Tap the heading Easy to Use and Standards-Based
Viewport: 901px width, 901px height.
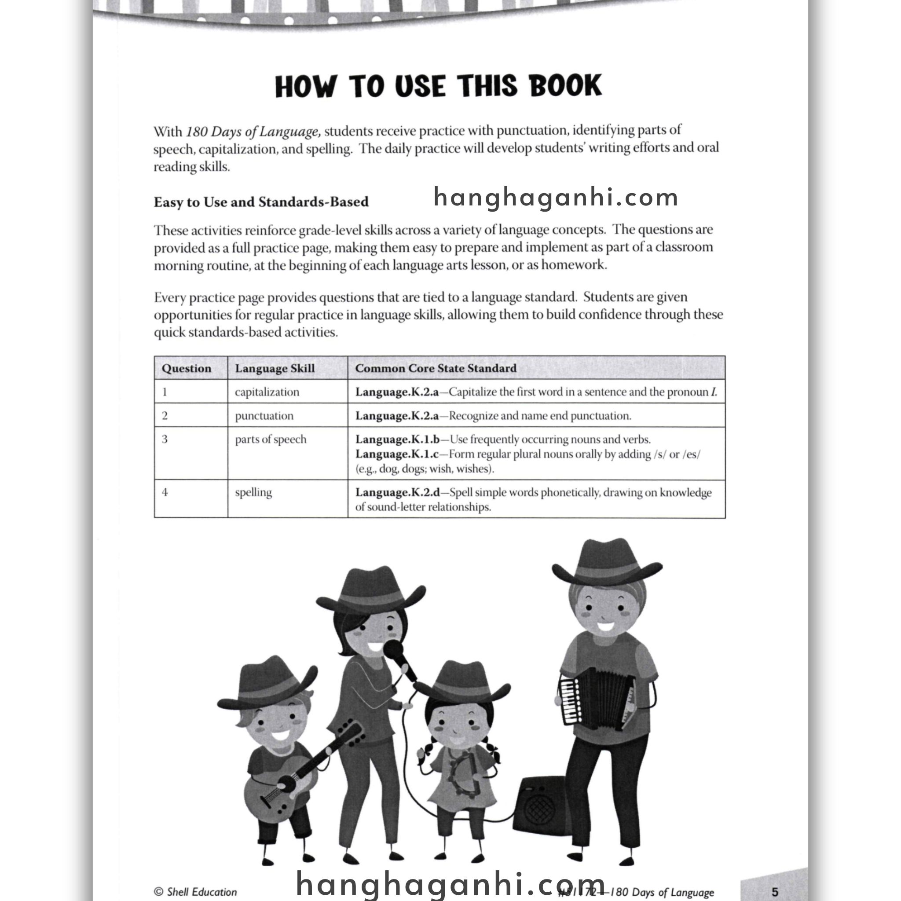click(x=261, y=202)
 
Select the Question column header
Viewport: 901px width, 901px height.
click(x=187, y=368)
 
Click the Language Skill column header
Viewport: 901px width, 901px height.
click(x=275, y=368)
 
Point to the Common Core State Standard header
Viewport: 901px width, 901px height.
click(x=436, y=368)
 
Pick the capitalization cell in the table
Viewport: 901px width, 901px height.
click(x=267, y=392)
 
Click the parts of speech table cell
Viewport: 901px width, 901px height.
click(x=271, y=440)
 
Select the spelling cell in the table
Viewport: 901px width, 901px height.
click(x=253, y=492)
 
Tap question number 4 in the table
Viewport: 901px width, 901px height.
click(x=165, y=492)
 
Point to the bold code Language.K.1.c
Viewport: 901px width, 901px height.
click(x=397, y=454)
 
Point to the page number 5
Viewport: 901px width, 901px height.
click(x=775, y=892)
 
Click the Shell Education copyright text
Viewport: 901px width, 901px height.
click(x=195, y=892)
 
